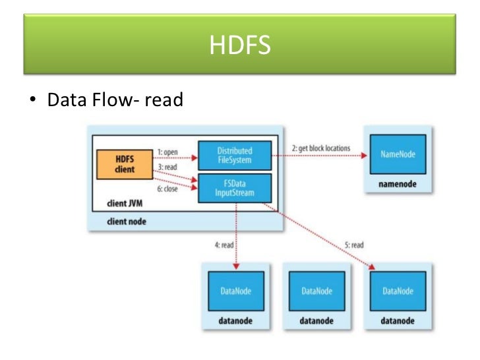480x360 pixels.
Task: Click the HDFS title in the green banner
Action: (239, 46)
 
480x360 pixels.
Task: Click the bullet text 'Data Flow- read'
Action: (114, 101)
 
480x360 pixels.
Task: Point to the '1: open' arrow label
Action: (167, 152)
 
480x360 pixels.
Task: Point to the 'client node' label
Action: (127, 222)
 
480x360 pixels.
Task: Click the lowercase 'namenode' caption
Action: (397, 185)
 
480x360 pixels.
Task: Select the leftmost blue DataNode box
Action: (235, 291)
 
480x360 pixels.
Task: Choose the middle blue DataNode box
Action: (316, 291)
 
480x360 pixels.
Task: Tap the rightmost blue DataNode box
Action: (396, 291)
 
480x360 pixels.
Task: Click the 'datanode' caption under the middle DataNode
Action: (316, 320)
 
